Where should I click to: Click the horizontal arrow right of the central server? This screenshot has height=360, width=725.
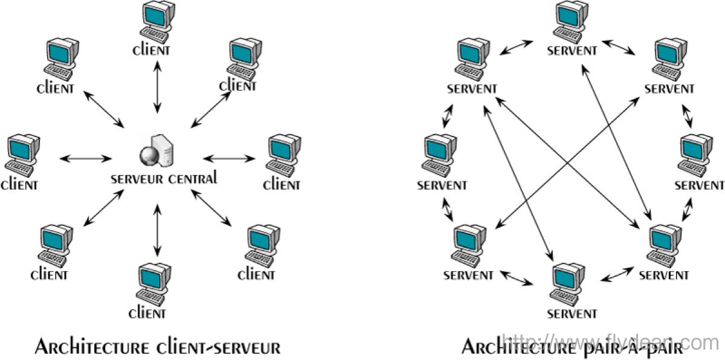[230, 158]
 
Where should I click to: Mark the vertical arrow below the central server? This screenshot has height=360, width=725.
[158, 230]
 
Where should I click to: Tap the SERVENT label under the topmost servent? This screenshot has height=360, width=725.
[572, 51]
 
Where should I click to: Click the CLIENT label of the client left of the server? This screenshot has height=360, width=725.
[19, 184]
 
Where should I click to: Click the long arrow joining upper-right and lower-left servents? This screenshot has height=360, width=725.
[568, 163]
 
